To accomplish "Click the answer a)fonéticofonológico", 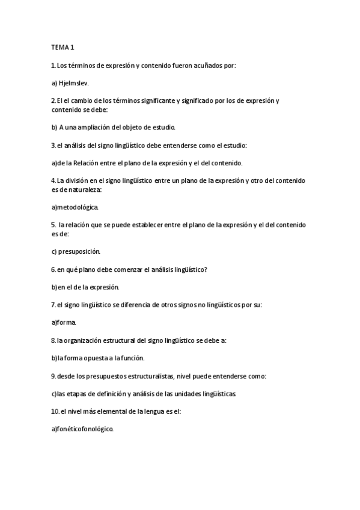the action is (x=82, y=429).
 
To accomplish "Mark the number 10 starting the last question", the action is (x=55, y=411).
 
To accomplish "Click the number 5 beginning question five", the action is (x=53, y=225).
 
